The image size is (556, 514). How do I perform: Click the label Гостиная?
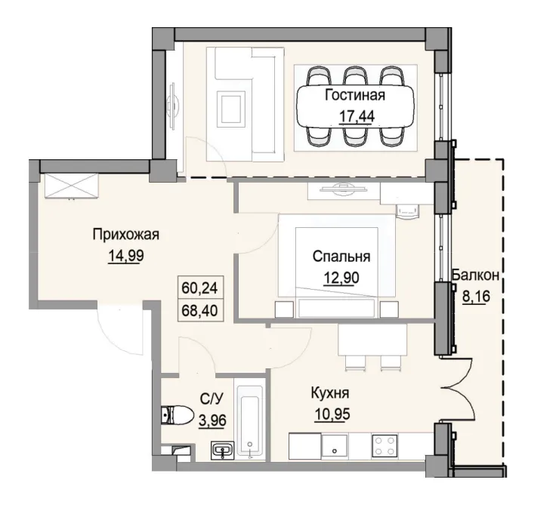[x=355, y=95]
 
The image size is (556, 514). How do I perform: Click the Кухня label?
[x=329, y=393]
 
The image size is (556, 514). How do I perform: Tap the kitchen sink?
[x=332, y=445]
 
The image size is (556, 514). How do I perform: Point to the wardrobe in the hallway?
[x=71, y=185]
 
